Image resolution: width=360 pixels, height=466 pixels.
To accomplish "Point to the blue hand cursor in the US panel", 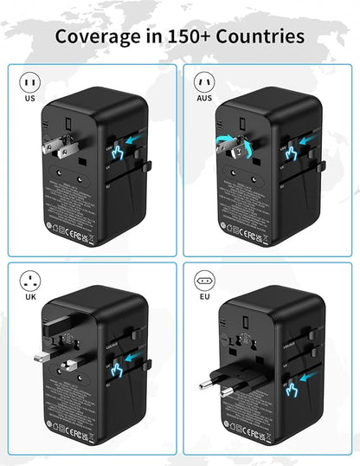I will tap(121, 153).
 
